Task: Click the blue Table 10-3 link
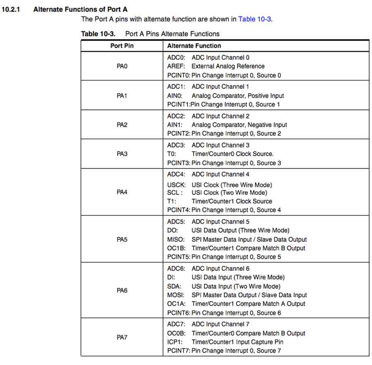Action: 255,19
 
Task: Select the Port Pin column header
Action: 122,46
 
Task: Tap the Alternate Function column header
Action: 194,46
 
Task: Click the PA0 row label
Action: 122,66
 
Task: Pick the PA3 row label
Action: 122,154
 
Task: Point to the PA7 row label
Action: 122,337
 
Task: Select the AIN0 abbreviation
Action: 174,96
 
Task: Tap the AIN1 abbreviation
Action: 174,125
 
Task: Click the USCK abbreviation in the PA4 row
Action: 175,185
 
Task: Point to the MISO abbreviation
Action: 175,239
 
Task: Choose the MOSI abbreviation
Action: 175,295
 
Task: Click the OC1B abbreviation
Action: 176,248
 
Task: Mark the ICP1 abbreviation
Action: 174,342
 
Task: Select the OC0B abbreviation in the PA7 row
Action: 176,333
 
